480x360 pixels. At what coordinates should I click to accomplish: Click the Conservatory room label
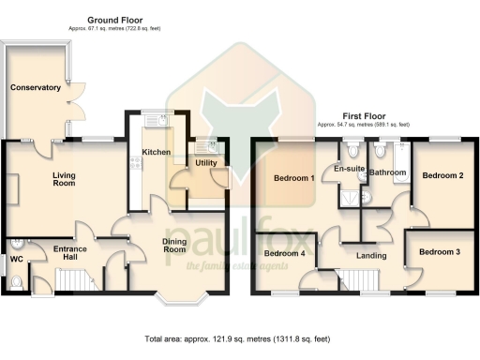(x=36, y=87)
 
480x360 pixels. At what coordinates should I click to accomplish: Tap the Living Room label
(x=63, y=178)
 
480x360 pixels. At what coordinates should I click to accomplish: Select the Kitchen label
(x=155, y=151)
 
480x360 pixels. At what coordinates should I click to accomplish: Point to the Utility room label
(x=205, y=163)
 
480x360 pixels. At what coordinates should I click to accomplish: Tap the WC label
(x=16, y=258)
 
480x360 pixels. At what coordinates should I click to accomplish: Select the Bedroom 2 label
(x=442, y=175)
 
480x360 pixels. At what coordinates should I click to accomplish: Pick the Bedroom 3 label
(x=439, y=252)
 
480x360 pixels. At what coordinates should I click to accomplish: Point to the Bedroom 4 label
(x=284, y=253)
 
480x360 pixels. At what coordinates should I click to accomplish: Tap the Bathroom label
(x=386, y=172)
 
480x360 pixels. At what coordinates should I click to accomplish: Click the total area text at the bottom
(x=238, y=337)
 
